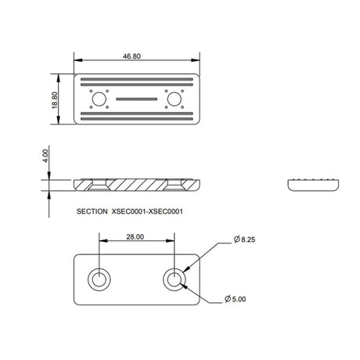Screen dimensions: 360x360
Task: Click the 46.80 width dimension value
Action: (131, 56)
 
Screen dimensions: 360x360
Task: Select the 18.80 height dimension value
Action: (54, 100)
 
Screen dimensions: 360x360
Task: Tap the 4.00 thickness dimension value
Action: (45, 156)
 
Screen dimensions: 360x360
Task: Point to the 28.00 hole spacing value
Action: (135, 237)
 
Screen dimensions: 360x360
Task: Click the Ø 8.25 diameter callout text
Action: (244, 239)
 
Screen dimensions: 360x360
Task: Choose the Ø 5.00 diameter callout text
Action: (236, 299)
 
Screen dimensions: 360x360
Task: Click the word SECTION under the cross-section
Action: (92, 211)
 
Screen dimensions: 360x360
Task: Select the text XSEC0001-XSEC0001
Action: (147, 211)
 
